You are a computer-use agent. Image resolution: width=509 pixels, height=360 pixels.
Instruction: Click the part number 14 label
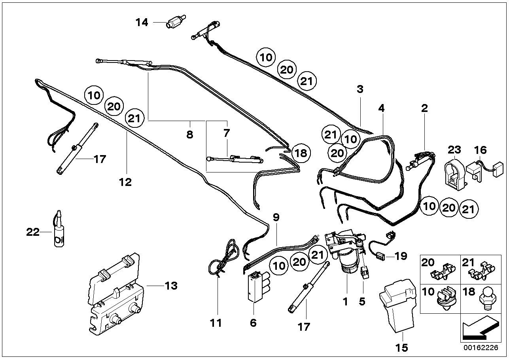[142, 23]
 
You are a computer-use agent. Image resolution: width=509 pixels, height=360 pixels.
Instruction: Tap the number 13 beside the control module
[171, 286]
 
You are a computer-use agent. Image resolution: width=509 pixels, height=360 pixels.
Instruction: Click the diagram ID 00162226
[481, 347]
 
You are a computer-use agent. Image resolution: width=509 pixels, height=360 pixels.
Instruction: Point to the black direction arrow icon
[481, 329]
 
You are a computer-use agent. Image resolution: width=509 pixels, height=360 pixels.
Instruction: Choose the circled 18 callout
[301, 153]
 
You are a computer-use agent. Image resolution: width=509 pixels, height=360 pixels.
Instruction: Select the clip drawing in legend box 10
[446, 300]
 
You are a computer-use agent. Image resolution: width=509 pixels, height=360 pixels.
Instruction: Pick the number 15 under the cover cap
[401, 347]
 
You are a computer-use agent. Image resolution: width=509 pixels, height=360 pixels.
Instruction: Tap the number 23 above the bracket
[454, 150]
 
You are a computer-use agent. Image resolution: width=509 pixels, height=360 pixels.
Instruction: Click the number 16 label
[481, 150]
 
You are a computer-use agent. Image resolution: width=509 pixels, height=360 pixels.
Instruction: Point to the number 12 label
[125, 182]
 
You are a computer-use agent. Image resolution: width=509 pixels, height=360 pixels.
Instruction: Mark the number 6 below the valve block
[253, 323]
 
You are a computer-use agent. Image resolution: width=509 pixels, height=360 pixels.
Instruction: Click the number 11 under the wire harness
[216, 323]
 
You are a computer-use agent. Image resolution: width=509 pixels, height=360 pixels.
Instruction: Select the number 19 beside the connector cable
[401, 256]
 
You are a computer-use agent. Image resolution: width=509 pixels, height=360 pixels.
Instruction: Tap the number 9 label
[276, 218]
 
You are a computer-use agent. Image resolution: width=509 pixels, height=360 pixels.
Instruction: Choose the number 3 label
[360, 89]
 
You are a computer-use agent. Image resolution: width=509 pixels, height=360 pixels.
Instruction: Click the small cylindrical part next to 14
[176, 21]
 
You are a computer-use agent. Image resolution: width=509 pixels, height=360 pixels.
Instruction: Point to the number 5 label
[362, 301]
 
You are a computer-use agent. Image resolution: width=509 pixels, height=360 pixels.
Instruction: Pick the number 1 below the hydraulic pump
[345, 301]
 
